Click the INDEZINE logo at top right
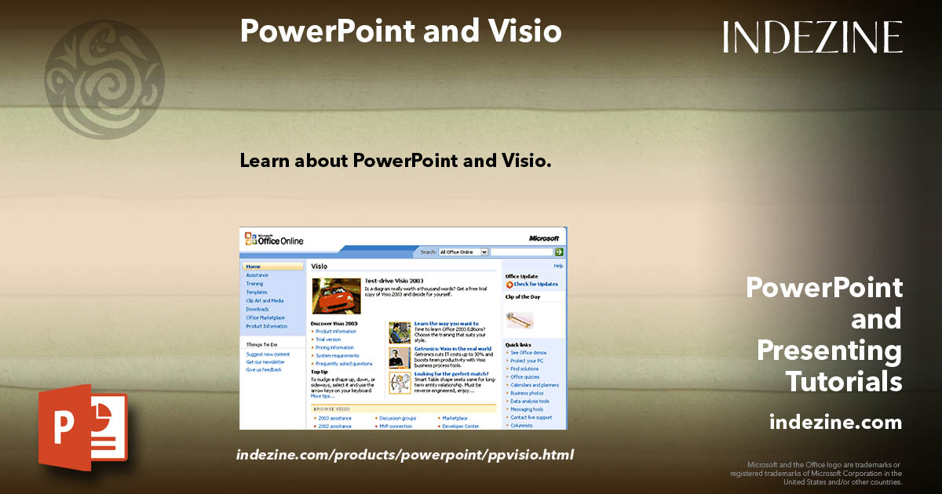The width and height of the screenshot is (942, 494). click(812, 37)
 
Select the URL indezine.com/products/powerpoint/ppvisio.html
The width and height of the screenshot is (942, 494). click(405, 454)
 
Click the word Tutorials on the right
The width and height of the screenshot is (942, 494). click(844, 382)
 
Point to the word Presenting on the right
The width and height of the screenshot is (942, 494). click(829, 351)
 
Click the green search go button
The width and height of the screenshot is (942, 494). click(559, 252)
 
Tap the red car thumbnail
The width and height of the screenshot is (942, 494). click(336, 296)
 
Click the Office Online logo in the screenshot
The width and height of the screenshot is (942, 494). click(273, 239)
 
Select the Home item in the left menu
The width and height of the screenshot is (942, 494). click(253, 267)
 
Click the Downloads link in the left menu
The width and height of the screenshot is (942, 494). click(257, 309)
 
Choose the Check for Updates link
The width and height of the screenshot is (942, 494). click(536, 284)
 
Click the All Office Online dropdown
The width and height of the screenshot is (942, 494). click(463, 252)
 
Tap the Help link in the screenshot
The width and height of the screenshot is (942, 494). click(558, 266)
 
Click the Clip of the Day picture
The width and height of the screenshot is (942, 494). click(520, 318)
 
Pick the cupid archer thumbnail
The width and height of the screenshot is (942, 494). click(400, 383)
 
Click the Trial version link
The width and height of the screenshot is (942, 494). click(328, 340)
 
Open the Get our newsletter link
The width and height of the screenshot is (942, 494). click(265, 362)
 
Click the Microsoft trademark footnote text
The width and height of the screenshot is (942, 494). click(816, 474)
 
